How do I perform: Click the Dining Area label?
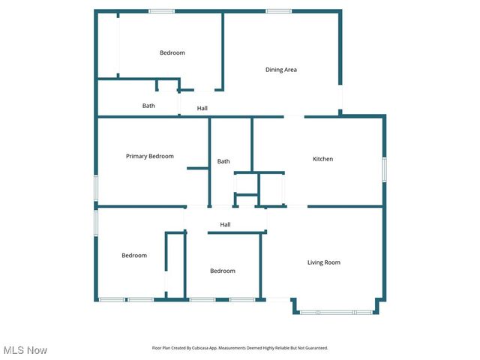tap(281, 70)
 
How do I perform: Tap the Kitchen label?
tap(322, 159)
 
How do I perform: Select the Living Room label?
tap(324, 262)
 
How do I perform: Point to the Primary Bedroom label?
tap(149, 156)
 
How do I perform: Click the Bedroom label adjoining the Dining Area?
tap(172, 52)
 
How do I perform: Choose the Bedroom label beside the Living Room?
tap(222, 271)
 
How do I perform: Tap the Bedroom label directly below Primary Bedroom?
tap(134, 256)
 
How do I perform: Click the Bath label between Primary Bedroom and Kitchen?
tap(223, 161)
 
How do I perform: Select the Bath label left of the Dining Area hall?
tap(148, 106)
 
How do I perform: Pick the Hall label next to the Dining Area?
tap(202, 109)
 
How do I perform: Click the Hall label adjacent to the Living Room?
tap(225, 224)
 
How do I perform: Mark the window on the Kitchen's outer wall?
tap(385, 169)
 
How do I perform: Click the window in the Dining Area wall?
tap(278, 10)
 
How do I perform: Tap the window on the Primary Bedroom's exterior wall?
tap(95, 187)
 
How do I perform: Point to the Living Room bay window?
tap(336, 312)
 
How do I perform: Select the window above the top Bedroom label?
tap(161, 10)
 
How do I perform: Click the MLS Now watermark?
tap(25, 350)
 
